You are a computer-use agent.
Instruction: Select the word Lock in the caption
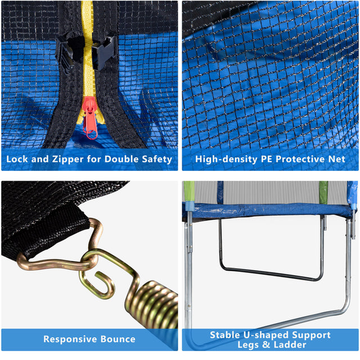point(18,159)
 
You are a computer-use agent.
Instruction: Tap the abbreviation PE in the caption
point(268,159)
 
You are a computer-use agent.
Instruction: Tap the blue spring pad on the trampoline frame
point(270,211)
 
